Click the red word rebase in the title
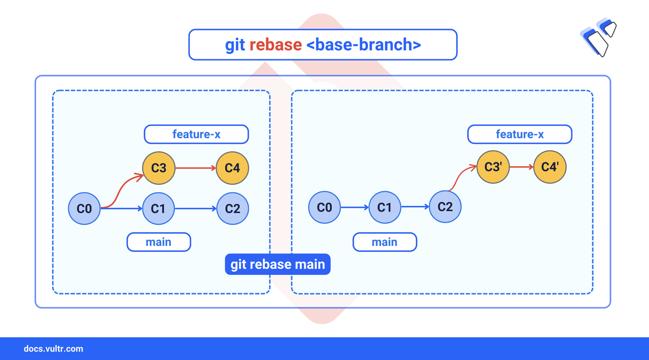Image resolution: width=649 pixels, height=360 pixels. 275,45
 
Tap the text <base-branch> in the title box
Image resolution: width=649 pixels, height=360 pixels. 364,45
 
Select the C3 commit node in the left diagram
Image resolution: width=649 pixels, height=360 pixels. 159,168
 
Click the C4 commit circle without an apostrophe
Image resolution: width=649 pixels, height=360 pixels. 232,168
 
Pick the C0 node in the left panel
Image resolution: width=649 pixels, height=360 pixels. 84,208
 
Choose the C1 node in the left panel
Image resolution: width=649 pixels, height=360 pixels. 159,208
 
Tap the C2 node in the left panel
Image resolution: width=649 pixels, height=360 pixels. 233,208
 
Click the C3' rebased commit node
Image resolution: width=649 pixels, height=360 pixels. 493,167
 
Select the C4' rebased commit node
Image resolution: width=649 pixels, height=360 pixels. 550,167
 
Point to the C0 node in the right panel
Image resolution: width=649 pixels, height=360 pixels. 324,207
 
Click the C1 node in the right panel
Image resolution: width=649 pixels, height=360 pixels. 385,207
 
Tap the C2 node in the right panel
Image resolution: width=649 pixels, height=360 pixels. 445,207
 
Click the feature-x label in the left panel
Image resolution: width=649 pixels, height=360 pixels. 196,134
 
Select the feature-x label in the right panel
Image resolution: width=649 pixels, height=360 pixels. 520,134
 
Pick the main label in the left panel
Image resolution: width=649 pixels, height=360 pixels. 159,242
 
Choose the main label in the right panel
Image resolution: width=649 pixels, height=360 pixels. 385,242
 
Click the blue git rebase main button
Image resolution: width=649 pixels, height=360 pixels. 277,264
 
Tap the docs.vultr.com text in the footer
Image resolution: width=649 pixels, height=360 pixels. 53,349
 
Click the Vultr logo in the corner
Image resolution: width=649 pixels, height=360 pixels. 598,37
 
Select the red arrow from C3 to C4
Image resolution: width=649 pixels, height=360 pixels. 196,168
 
